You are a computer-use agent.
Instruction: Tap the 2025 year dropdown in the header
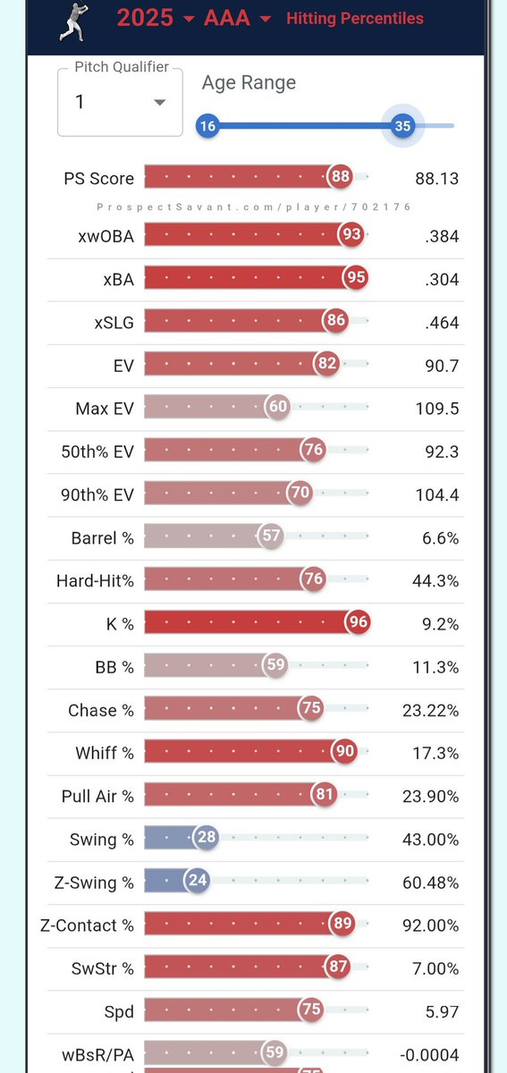(156, 18)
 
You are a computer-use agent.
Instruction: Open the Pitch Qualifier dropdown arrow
(159, 102)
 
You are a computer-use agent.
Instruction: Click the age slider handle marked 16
(207, 126)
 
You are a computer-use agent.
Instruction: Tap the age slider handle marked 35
(402, 126)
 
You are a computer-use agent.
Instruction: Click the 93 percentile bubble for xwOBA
(351, 235)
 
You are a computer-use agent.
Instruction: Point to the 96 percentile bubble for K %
(358, 622)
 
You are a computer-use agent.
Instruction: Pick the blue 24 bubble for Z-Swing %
(198, 881)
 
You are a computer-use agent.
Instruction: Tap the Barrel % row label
(102, 538)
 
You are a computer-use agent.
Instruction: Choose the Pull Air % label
(97, 796)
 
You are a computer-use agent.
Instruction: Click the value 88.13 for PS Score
(436, 179)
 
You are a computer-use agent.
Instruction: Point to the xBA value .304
(442, 279)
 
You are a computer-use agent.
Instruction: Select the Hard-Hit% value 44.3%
(436, 581)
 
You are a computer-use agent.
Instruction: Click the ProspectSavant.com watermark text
(254, 207)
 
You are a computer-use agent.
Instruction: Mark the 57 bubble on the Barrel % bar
(271, 536)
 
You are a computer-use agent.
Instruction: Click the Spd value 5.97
(442, 1011)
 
